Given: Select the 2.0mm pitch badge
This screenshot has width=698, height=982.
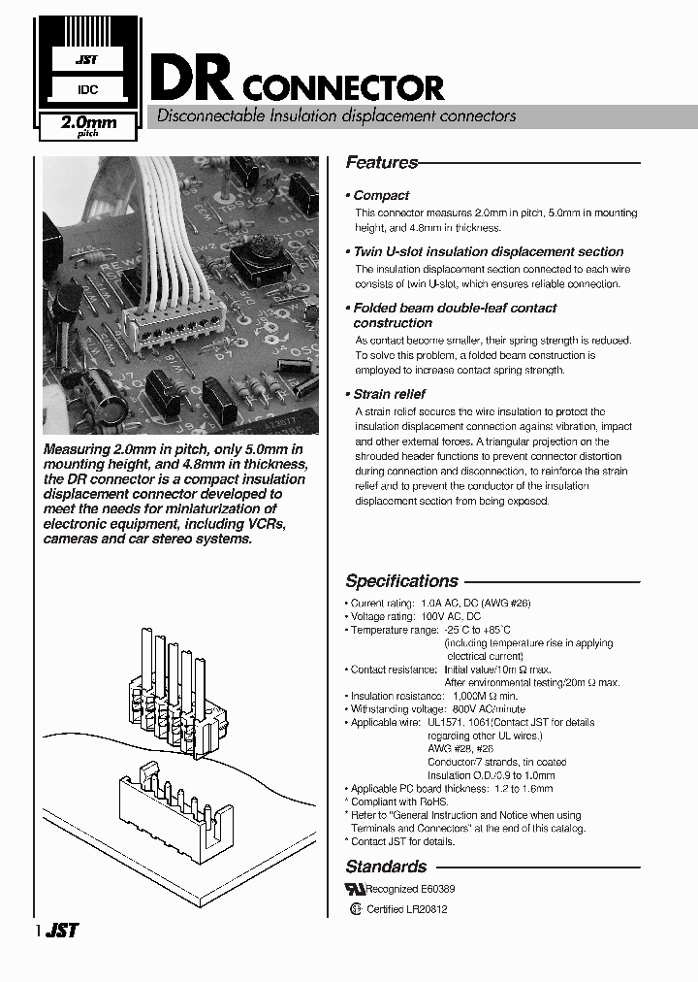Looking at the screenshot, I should coord(88,126).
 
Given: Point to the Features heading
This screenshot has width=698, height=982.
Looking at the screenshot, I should coord(381,163).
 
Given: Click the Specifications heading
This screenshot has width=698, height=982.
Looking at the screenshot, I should coord(401,581).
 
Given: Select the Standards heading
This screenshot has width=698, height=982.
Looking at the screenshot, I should coord(386,867).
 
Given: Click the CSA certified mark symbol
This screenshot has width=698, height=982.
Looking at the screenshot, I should coord(356,909).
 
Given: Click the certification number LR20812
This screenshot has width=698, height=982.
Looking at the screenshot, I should coord(428,909).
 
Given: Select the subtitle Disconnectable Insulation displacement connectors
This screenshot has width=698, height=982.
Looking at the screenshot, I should coord(331,116).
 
